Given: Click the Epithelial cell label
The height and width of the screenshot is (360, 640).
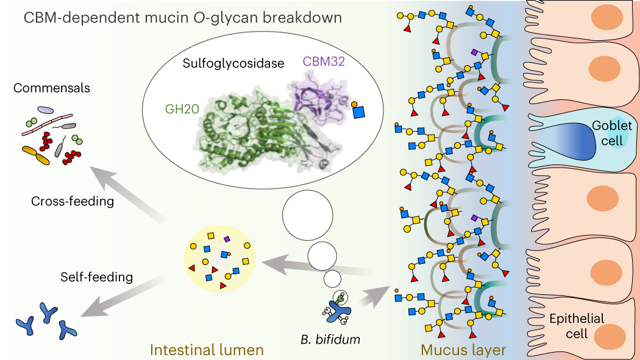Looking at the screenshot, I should tap(577, 326).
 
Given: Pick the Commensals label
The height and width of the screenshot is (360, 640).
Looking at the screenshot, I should tap(51, 88).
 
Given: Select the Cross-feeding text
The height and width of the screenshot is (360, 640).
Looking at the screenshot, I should tap(73, 202).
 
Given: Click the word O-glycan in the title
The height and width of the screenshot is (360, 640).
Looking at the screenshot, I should tap(224, 16).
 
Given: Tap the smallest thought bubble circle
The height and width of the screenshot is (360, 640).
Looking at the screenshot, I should tap(332, 279).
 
